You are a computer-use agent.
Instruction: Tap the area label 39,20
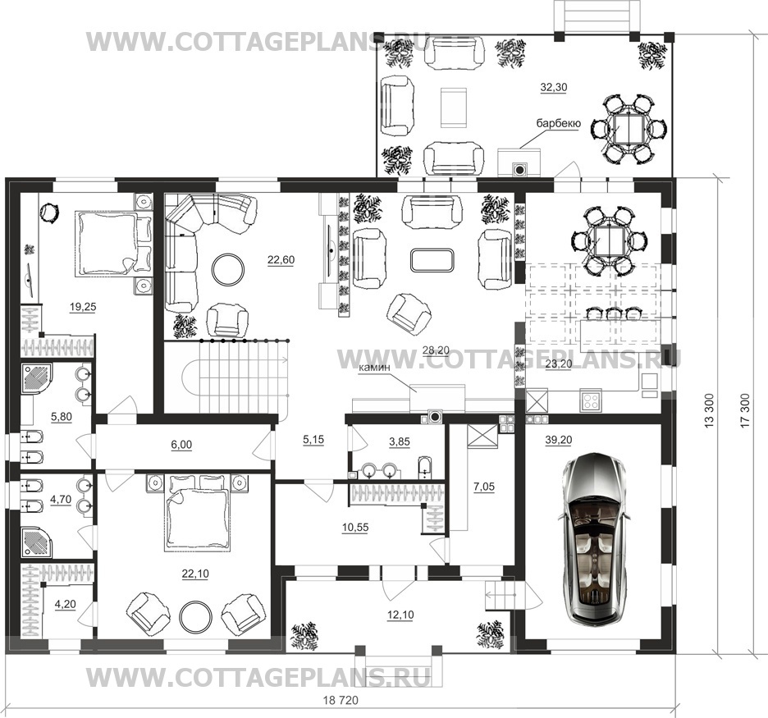(559, 441)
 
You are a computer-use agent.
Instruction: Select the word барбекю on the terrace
(559, 123)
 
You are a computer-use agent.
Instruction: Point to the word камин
(374, 367)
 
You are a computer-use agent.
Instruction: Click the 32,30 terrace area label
(554, 88)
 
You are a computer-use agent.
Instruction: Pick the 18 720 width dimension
(341, 700)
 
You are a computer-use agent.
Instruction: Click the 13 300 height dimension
(710, 411)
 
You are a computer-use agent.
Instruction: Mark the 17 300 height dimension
(745, 411)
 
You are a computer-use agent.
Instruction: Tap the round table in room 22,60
(228, 268)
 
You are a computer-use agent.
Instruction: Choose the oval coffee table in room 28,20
(432, 259)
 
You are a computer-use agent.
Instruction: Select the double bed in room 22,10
(198, 512)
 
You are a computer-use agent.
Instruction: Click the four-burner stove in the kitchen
(591, 400)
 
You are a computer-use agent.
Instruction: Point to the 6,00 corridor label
(181, 445)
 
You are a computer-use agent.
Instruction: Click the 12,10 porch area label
(400, 615)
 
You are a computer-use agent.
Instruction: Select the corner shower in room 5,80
(39, 381)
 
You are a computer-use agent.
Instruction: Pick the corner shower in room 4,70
(37, 542)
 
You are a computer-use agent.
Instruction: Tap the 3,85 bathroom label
(400, 441)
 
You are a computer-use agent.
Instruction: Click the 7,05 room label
(484, 487)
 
